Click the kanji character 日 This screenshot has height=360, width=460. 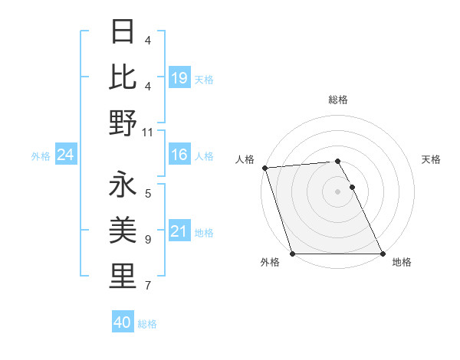tap(123, 33)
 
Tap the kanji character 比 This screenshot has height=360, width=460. tap(123, 77)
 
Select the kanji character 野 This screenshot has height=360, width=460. tap(123, 122)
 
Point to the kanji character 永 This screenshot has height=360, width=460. tap(123, 186)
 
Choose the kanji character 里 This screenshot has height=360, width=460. tap(123, 276)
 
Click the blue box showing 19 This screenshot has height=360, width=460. tap(179, 77)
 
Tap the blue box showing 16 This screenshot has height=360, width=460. tap(179, 155)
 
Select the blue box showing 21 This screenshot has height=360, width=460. tap(179, 231)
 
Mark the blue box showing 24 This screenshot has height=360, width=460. tap(65, 155)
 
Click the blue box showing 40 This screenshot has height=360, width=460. tap(123, 322)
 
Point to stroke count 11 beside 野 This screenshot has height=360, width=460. tap(148, 133)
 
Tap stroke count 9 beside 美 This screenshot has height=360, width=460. tap(148, 240)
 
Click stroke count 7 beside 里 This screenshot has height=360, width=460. tap(148, 286)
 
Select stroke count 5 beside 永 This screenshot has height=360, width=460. tap(148, 194)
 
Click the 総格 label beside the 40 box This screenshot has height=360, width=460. tap(147, 323)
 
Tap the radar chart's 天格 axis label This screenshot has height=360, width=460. tap(431, 159)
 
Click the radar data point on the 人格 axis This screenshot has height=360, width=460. tap(264, 168)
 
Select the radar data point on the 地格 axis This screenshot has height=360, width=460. tap(382, 254)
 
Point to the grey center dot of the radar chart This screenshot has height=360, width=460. tap(337, 191)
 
